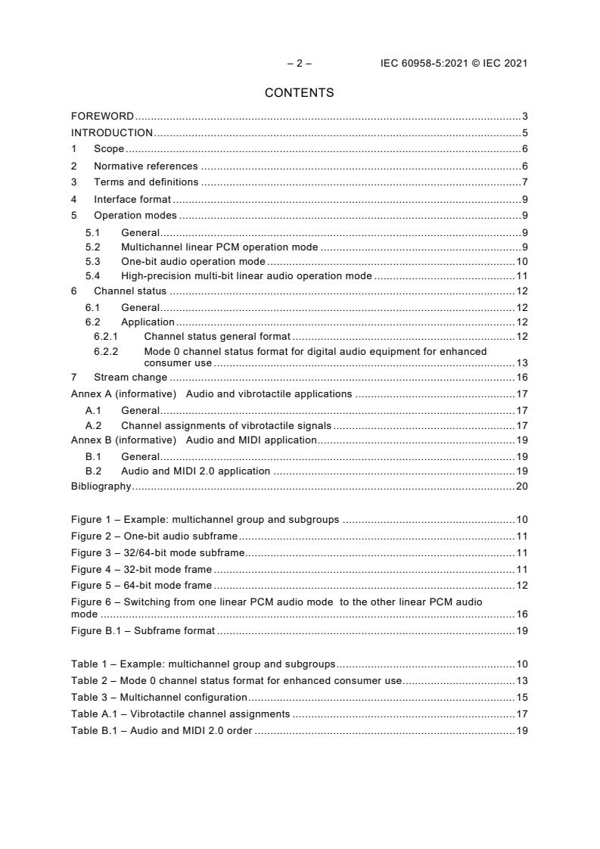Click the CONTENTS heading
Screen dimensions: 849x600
pos(299,93)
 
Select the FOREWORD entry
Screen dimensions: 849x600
pos(102,117)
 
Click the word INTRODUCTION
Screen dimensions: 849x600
pos(112,133)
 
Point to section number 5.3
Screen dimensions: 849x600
pos(93,261)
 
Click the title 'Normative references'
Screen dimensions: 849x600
pos(145,166)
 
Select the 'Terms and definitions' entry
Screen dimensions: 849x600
pos(146,182)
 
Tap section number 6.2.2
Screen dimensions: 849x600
pos(107,351)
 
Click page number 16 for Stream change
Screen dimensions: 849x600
pos(521,378)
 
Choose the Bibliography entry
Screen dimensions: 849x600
pos(101,487)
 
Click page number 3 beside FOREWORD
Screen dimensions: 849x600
pos(524,117)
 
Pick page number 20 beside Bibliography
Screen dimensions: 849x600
pos(521,487)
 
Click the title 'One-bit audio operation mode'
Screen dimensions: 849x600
pos(193,261)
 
